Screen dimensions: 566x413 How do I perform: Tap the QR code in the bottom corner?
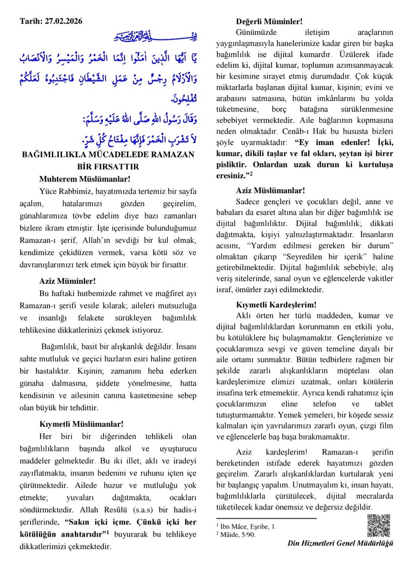pos(379,525)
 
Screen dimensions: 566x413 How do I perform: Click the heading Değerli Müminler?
pos(269,21)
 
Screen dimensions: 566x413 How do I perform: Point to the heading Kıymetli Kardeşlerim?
pos(276,305)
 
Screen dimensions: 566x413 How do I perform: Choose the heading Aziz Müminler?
pos(67,281)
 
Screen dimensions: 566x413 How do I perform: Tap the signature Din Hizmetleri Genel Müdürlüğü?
pos(340,543)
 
